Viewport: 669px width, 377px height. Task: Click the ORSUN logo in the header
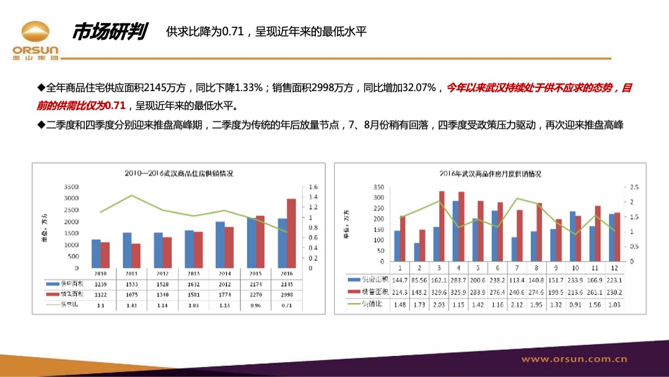click(x=35, y=40)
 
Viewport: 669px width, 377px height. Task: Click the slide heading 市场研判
click(x=108, y=32)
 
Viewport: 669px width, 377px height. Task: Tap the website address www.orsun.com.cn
click(x=574, y=359)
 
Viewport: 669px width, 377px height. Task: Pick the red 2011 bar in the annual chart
click(x=136, y=256)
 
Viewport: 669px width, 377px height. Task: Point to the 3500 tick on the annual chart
click(x=72, y=187)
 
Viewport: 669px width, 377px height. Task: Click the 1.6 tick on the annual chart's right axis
click(x=313, y=187)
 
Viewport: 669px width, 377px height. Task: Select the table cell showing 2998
click(x=287, y=295)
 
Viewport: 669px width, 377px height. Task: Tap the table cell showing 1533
click(x=131, y=284)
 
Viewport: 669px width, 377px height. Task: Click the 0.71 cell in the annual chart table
click(x=287, y=305)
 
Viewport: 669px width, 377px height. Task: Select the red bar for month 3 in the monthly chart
click(x=442, y=226)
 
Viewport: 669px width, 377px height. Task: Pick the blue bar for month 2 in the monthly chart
click(x=417, y=252)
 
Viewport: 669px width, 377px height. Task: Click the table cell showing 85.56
click(x=419, y=279)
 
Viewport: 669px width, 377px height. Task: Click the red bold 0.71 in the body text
click(x=115, y=105)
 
